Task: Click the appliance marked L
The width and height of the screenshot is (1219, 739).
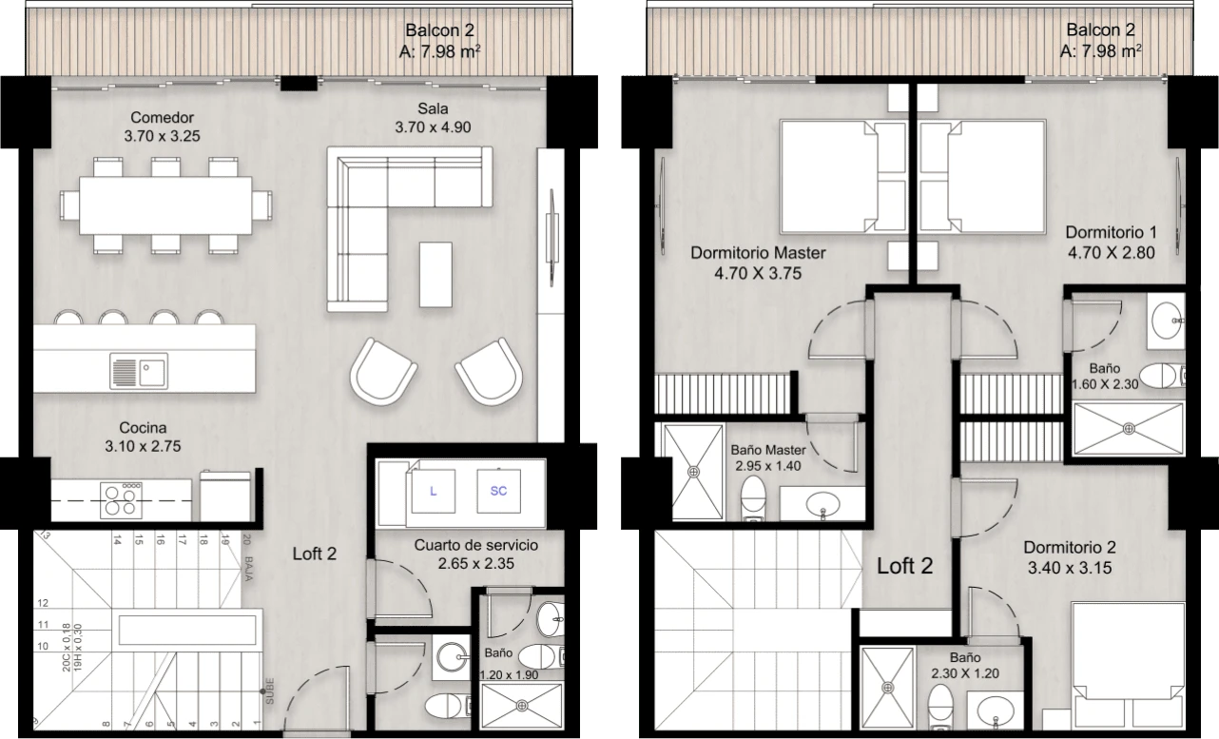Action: click(x=434, y=492)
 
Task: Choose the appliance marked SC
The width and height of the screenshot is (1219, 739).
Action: click(x=498, y=492)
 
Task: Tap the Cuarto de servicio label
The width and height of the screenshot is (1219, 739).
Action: click(x=476, y=546)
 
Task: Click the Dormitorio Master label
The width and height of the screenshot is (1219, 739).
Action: click(x=758, y=254)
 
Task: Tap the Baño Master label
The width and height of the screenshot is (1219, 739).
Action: click(x=768, y=450)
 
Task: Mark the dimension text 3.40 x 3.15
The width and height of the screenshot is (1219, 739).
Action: click(x=1069, y=569)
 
